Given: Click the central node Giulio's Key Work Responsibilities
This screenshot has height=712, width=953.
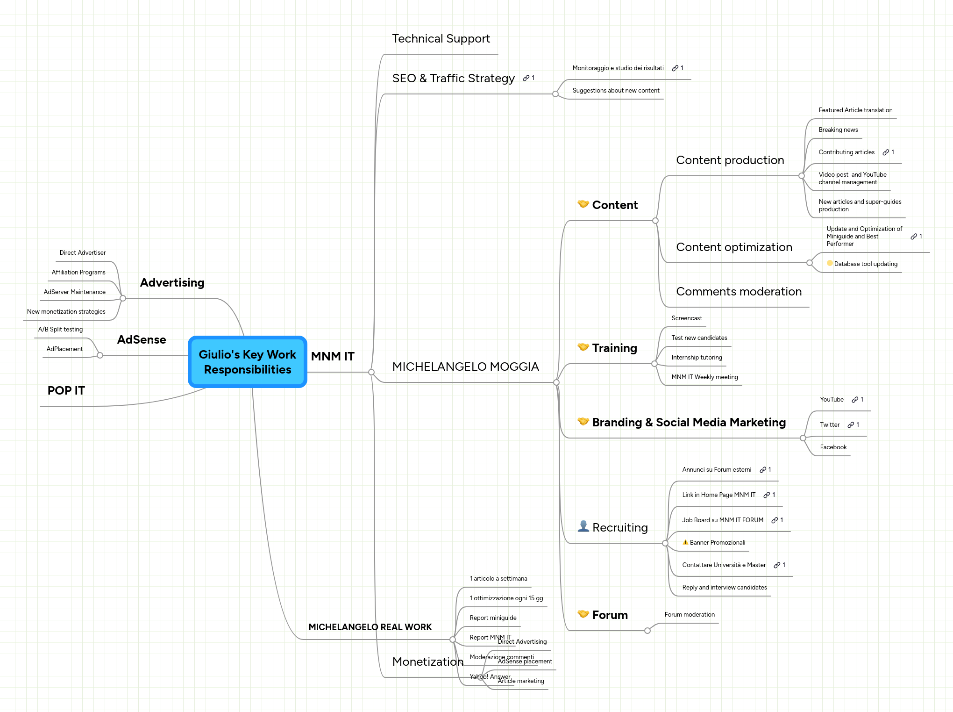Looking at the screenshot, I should [x=247, y=362].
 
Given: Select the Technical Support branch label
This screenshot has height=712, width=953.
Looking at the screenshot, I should [x=441, y=39].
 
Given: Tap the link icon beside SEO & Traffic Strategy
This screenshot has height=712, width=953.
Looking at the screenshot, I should [x=526, y=78].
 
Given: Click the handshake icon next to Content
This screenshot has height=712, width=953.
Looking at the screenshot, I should [x=583, y=204].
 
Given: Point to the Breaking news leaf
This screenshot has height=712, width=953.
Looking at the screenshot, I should [x=838, y=130].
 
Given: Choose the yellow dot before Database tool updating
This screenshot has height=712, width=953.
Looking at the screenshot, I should [x=829, y=263].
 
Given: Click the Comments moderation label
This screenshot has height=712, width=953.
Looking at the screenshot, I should [x=738, y=292].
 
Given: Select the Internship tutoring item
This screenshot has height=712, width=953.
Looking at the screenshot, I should [x=696, y=358].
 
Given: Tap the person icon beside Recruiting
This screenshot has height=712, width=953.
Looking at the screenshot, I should [x=583, y=526].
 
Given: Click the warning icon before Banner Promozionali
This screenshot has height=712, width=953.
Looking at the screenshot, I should [x=685, y=542].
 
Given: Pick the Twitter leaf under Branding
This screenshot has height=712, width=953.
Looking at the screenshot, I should [x=829, y=425].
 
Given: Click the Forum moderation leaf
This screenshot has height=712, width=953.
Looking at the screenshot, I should [x=689, y=615].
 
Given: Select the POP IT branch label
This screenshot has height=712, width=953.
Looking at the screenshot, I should [x=66, y=391].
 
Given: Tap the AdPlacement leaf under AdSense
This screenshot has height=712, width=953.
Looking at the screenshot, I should [x=64, y=349].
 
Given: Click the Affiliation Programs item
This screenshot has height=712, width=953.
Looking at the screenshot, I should [x=78, y=273].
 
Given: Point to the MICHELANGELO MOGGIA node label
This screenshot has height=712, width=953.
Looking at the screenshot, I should [x=465, y=367].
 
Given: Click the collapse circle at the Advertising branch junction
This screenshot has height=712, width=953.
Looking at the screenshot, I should [x=123, y=298].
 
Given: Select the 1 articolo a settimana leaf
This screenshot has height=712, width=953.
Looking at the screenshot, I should [x=498, y=579].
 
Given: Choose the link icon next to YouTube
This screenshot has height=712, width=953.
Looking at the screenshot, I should [x=854, y=400].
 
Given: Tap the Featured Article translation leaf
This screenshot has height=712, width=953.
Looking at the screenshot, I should [x=855, y=110].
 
